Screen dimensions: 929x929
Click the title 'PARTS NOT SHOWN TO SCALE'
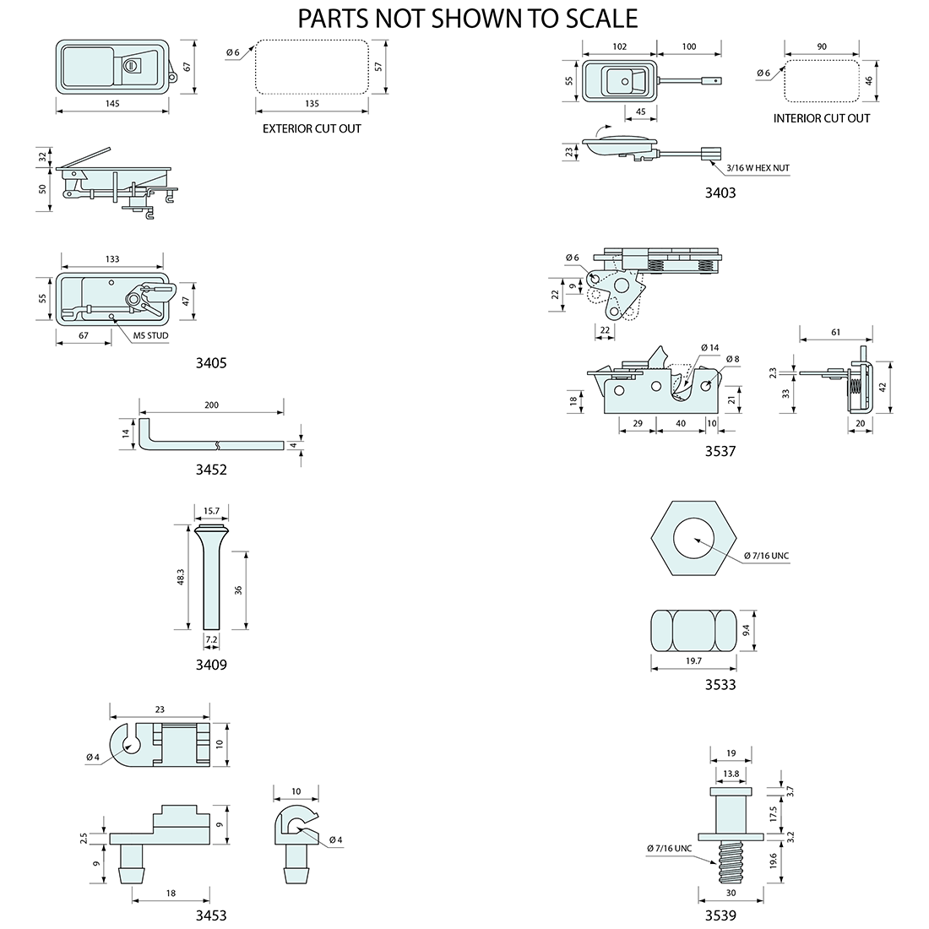point(468,18)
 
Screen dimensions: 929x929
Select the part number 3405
point(210,363)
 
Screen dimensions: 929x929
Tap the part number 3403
point(720,193)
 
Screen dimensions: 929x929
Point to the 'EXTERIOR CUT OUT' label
point(312,129)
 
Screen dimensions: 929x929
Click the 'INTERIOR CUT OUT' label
point(821,118)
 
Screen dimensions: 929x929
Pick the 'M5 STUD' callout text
point(151,336)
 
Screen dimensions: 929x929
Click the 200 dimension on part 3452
point(211,405)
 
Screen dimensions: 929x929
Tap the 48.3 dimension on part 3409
point(182,578)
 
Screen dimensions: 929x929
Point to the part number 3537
point(720,451)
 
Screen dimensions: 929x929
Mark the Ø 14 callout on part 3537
point(709,348)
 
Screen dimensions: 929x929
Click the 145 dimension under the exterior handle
point(112,104)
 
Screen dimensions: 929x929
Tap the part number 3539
point(720,915)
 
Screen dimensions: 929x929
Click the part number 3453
point(210,915)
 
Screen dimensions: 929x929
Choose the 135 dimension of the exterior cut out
point(312,104)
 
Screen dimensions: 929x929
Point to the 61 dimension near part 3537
point(835,333)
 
